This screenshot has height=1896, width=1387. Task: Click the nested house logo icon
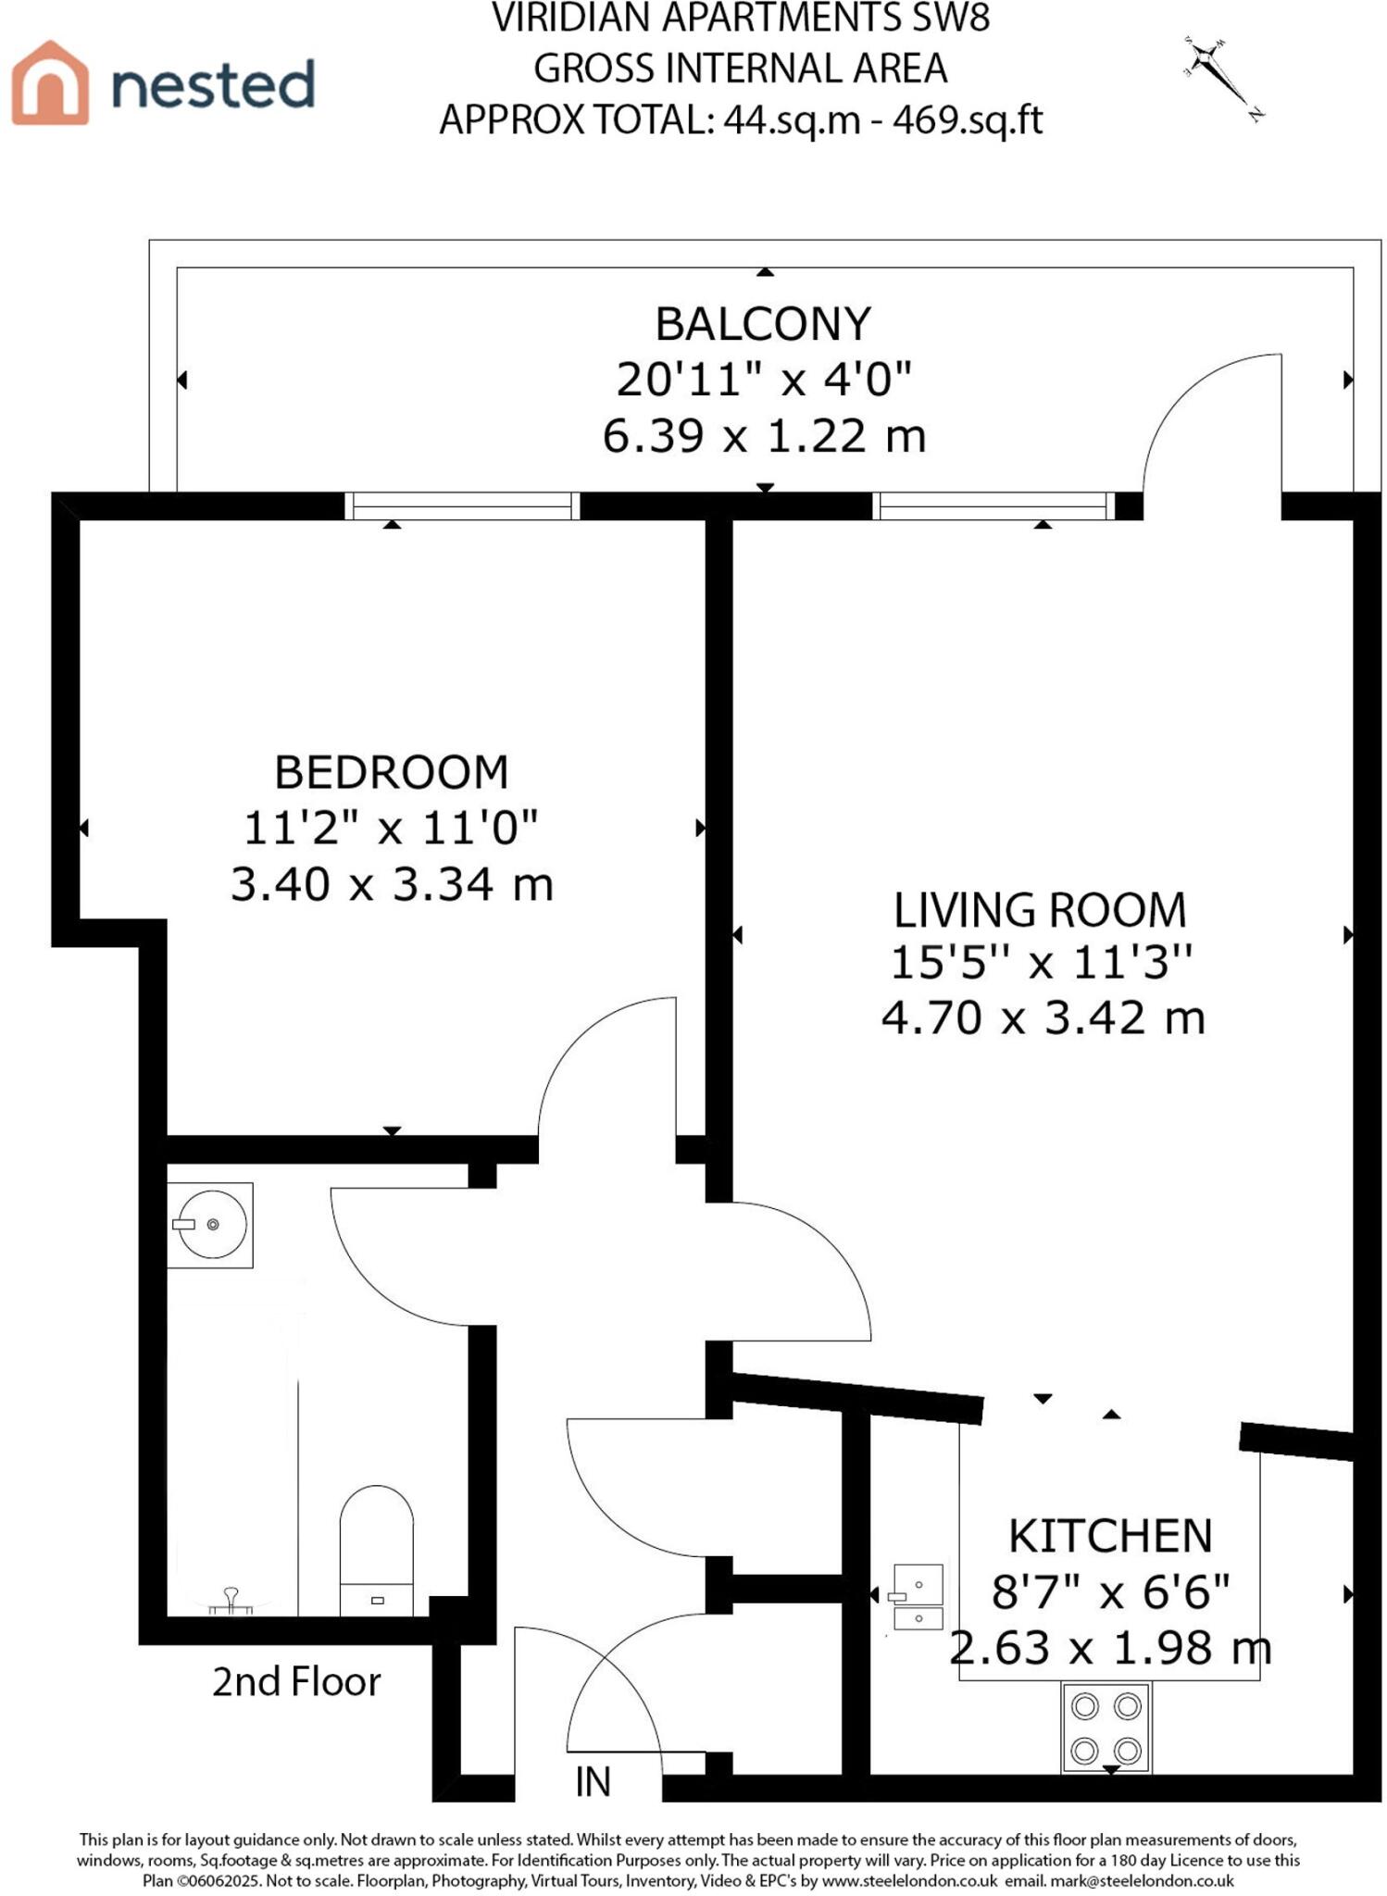[x=51, y=83]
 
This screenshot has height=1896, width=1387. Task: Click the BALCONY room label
[x=763, y=324]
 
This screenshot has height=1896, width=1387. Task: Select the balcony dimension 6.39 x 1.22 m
[x=764, y=436]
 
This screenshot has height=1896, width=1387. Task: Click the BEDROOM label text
[x=392, y=772]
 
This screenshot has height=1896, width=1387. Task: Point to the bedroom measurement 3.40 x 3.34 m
[x=392, y=884]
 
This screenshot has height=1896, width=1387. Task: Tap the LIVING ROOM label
[x=1040, y=910]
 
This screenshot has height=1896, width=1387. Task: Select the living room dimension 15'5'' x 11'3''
[x=1041, y=963]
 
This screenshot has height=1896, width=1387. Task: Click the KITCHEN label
[x=1110, y=1537]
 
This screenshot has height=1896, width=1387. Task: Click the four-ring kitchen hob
[x=1106, y=1728]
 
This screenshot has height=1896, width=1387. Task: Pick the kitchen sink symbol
[x=917, y=1596]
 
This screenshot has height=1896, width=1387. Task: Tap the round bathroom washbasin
[x=212, y=1224]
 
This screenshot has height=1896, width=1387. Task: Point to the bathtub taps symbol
[x=231, y=1600]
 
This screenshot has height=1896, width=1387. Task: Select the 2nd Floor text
[x=296, y=1682]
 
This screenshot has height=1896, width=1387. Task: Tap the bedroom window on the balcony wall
[x=461, y=506]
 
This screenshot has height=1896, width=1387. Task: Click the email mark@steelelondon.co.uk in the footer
[x=1141, y=1880]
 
